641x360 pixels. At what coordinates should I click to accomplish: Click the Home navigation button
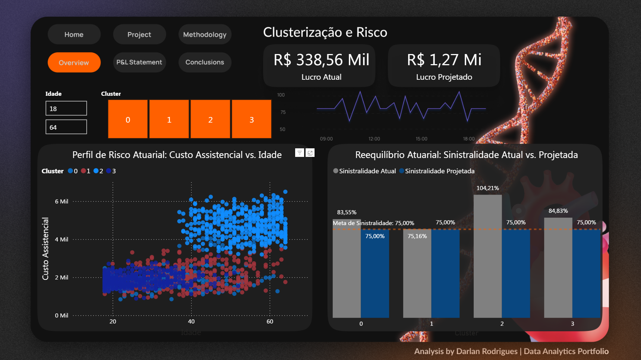coord(74,35)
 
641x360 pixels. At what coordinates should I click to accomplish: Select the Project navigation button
coord(139,35)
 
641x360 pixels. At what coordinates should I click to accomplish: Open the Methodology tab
coord(205,35)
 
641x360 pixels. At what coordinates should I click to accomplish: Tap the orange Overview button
coord(74,63)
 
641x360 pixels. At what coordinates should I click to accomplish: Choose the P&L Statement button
coord(139,62)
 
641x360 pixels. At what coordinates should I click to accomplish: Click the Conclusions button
coord(205,62)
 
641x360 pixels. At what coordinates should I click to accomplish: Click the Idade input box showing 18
coord(66,108)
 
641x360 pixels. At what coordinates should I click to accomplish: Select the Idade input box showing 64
coord(66,127)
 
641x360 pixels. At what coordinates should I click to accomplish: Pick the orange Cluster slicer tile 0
coord(128,119)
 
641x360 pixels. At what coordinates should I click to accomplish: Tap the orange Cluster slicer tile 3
coord(252,119)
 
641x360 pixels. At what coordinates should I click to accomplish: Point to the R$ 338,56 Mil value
coord(321,60)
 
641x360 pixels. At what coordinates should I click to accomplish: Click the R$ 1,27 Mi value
coord(444,60)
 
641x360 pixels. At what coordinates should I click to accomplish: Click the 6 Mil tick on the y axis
coord(61,202)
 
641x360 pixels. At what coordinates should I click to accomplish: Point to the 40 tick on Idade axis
coord(191,322)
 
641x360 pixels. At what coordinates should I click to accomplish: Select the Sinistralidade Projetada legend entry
coord(439,171)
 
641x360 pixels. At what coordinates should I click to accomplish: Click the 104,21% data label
coord(487,188)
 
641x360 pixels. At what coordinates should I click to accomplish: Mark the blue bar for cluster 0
coord(375,276)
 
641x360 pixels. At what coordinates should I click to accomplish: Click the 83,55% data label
coord(347,212)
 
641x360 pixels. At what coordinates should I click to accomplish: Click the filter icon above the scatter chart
coord(299,153)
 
